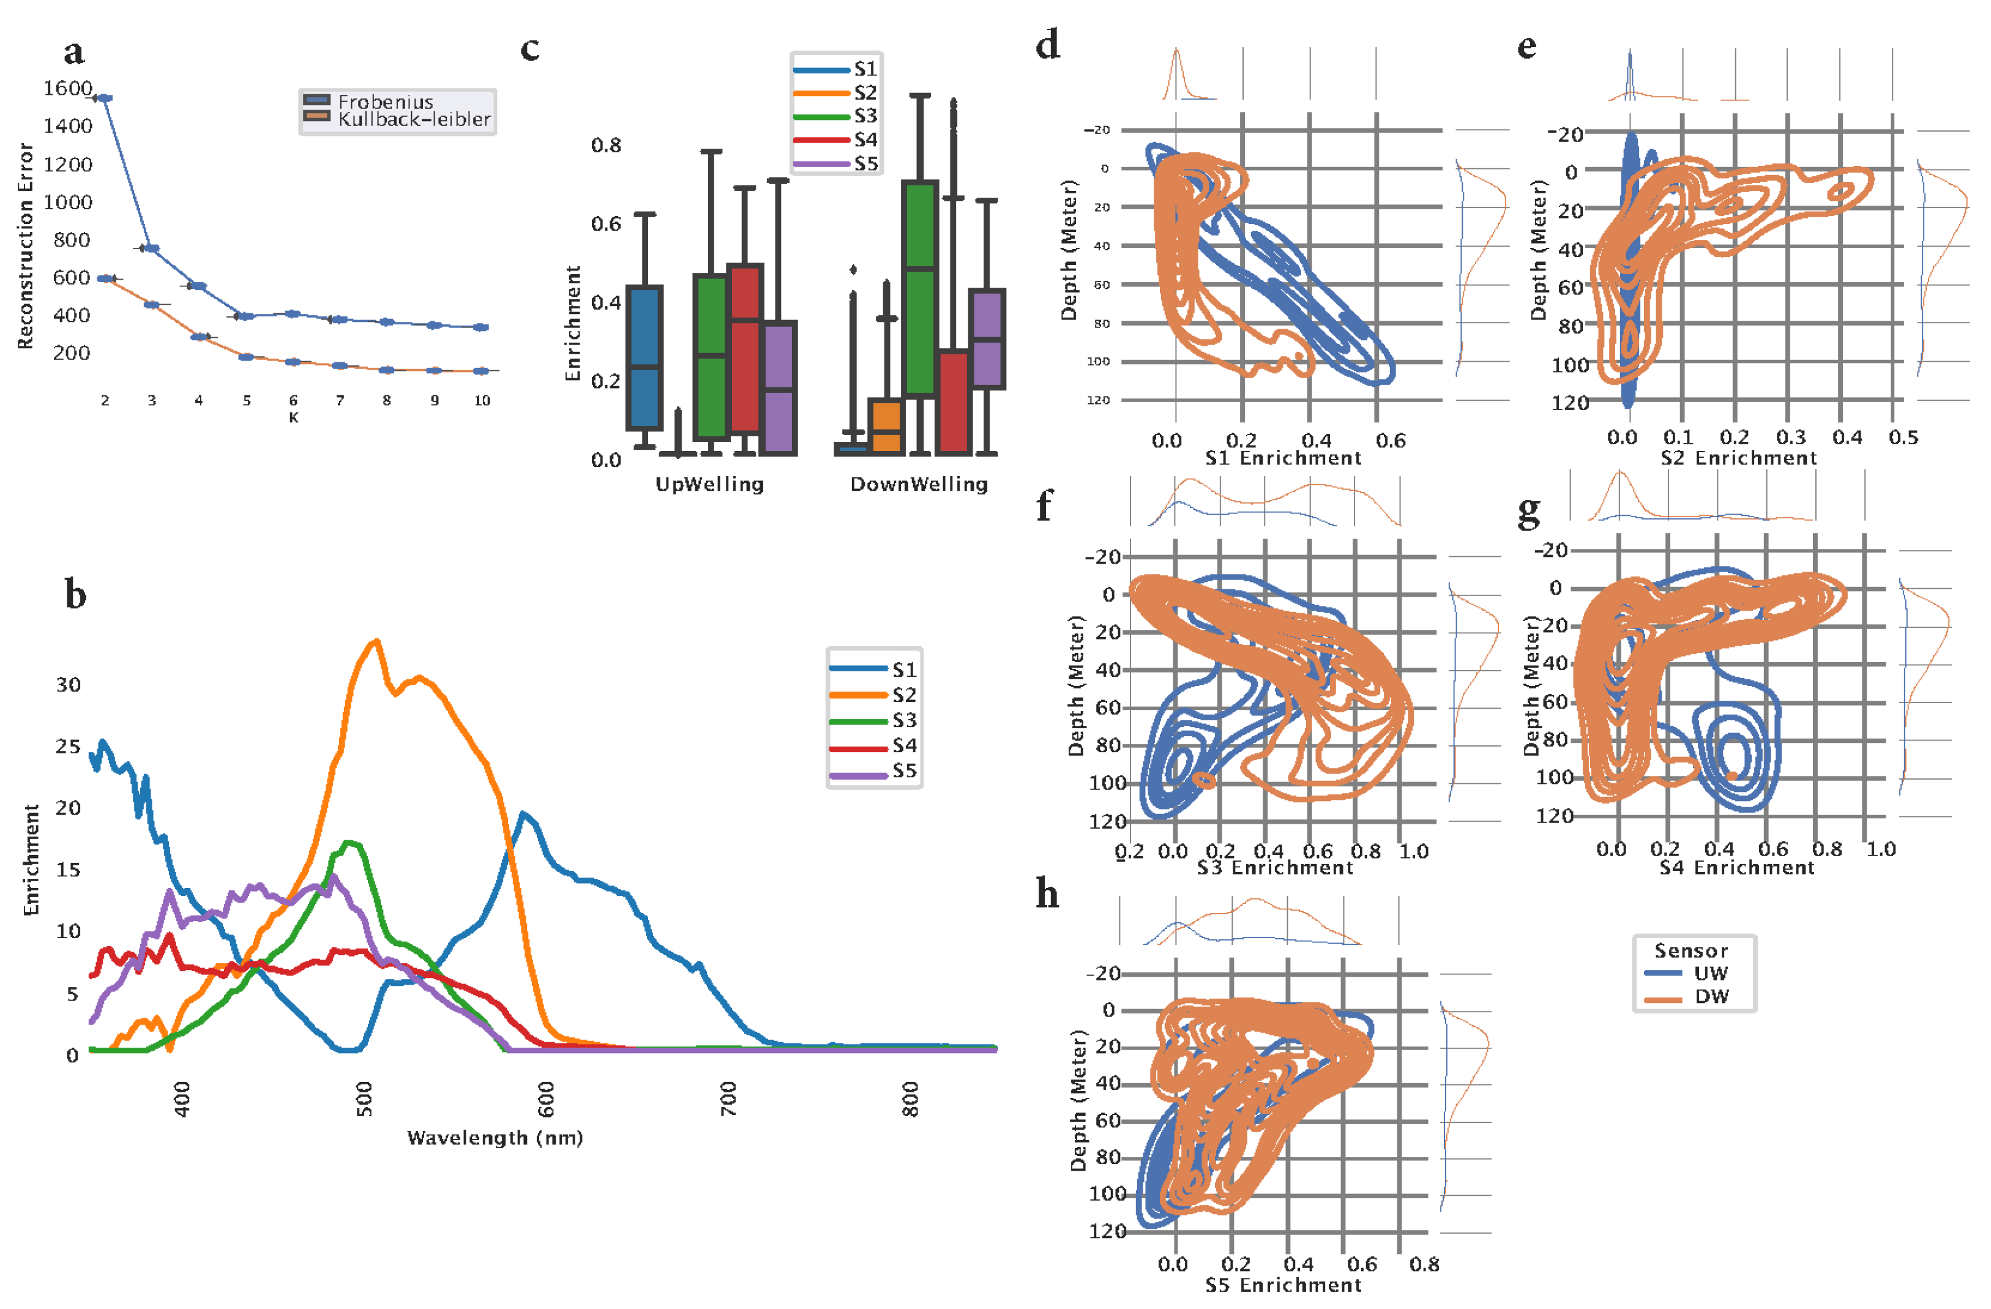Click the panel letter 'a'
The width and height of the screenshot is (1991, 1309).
coord(73,52)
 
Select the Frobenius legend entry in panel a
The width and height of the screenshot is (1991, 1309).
coord(385,101)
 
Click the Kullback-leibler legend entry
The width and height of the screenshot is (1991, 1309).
coord(413,119)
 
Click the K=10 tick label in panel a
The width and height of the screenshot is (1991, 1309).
coord(482,401)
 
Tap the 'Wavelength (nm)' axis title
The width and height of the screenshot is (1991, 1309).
coord(495,1138)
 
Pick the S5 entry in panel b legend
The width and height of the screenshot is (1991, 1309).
coord(903,770)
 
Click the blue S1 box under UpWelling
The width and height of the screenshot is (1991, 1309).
coord(645,358)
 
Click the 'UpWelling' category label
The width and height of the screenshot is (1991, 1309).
coord(709,484)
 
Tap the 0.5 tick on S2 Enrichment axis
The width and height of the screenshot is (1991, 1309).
coord(1903,438)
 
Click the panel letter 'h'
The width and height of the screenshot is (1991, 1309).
coord(1047,895)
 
